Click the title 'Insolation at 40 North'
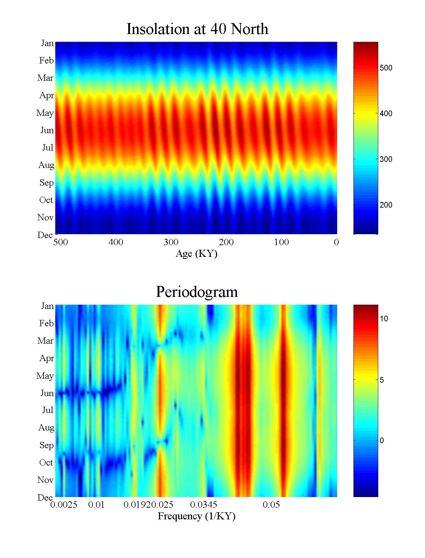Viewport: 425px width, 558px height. pyautogui.click(x=197, y=29)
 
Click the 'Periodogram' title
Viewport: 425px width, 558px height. pyautogui.click(x=197, y=292)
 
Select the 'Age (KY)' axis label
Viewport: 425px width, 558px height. pyautogui.click(x=196, y=254)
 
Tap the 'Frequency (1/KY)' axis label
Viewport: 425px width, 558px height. pyautogui.click(x=197, y=516)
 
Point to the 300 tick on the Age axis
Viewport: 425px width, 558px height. pyautogui.click(x=171, y=242)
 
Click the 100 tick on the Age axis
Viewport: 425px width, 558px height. pyautogui.click(x=281, y=242)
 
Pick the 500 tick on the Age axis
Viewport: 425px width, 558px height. pyautogui.click(x=61, y=242)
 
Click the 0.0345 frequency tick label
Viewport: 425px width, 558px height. pyautogui.click(x=204, y=505)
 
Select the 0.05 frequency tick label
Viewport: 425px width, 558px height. pyautogui.click(x=271, y=505)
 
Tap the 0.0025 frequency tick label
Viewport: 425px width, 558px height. pyautogui.click(x=64, y=505)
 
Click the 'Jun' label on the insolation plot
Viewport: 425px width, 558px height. pyautogui.click(x=47, y=130)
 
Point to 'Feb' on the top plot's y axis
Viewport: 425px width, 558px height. pyautogui.click(x=46, y=61)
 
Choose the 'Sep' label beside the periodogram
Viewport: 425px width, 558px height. pyautogui.click(x=46, y=445)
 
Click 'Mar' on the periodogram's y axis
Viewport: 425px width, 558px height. pyautogui.click(x=45, y=341)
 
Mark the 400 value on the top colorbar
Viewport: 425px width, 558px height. pyautogui.click(x=386, y=113)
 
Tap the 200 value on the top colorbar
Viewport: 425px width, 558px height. pyautogui.click(x=386, y=205)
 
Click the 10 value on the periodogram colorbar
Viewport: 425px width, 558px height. pyautogui.click(x=384, y=319)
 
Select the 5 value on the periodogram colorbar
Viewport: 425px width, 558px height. pyautogui.click(x=382, y=380)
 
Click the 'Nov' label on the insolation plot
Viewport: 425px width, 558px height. pyautogui.click(x=45, y=218)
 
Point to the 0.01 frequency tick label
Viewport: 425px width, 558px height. pyautogui.click(x=96, y=505)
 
